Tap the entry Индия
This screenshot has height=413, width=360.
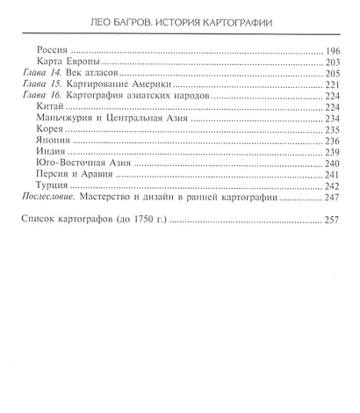tap(59, 163)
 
